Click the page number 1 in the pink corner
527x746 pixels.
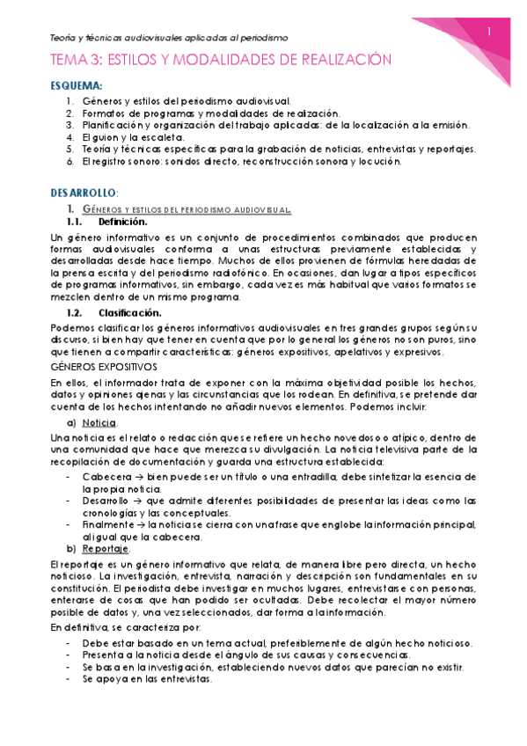coord(489,33)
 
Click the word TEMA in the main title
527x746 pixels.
coord(71,60)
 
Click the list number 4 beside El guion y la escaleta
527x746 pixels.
coord(70,137)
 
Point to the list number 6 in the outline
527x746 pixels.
coord(70,162)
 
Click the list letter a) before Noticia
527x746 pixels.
coord(72,423)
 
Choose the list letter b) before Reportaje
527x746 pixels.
coord(72,549)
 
